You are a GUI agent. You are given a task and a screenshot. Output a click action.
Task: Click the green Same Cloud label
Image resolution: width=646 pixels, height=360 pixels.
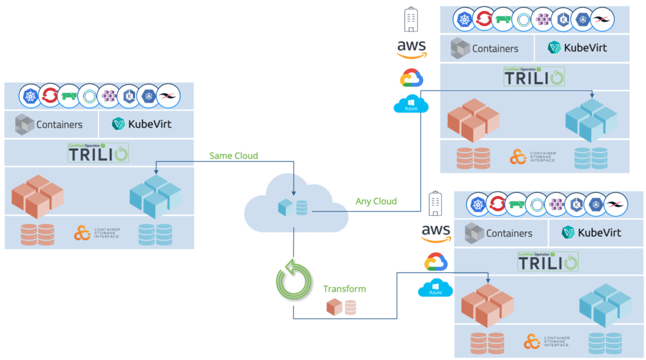(x=233, y=156)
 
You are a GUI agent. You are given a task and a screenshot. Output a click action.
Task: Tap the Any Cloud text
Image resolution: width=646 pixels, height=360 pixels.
(x=376, y=201)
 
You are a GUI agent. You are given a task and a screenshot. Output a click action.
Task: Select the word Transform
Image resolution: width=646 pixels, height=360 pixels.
(x=344, y=289)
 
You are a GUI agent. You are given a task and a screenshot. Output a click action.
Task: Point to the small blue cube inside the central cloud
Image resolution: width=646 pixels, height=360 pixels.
(x=285, y=207)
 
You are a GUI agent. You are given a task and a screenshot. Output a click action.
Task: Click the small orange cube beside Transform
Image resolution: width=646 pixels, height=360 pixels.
(x=334, y=307)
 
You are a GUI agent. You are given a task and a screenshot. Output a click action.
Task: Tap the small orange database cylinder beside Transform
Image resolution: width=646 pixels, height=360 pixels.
(x=349, y=307)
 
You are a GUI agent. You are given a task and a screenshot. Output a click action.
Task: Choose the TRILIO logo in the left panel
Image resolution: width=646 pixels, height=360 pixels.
(x=98, y=153)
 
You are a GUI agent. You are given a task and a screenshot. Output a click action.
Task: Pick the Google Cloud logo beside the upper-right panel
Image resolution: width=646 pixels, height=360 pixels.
(x=411, y=78)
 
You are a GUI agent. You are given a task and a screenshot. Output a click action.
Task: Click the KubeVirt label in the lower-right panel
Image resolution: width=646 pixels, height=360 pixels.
(x=591, y=233)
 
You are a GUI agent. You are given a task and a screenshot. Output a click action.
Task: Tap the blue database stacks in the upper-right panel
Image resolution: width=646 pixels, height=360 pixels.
(x=591, y=158)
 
